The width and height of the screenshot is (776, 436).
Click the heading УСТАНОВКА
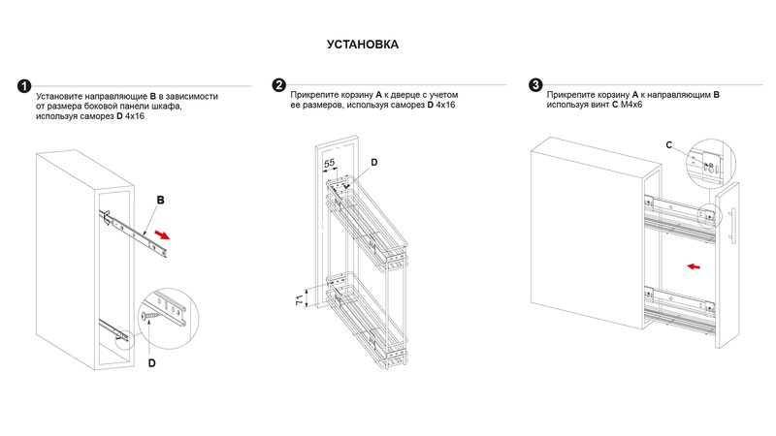(x=363, y=45)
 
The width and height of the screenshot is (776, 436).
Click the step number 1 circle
(x=23, y=86)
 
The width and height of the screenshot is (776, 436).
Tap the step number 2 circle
(x=278, y=86)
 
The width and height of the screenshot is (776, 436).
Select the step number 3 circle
(x=535, y=85)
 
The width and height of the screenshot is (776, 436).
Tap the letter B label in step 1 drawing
(x=161, y=200)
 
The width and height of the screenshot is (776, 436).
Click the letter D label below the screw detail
(x=151, y=363)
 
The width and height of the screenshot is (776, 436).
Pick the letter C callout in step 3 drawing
(x=669, y=144)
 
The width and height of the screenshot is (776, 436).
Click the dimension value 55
(x=330, y=163)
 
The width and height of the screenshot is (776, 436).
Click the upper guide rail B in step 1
(x=136, y=233)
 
